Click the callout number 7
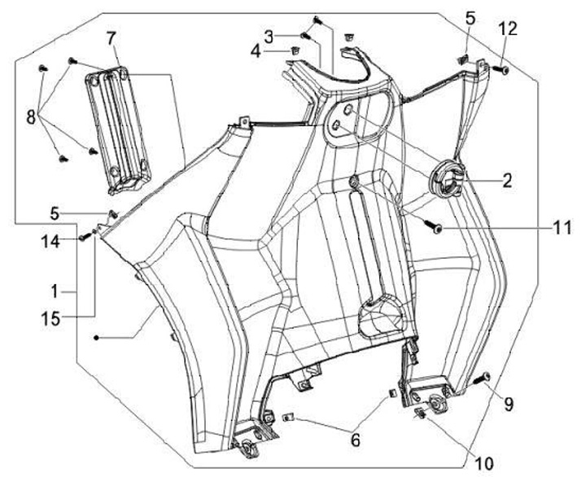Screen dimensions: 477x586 (x=112, y=38)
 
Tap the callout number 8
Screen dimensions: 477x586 (x=31, y=116)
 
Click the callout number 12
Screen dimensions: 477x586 (x=507, y=28)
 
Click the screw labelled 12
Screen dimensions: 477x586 (x=502, y=72)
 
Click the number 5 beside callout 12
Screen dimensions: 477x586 (x=470, y=17)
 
